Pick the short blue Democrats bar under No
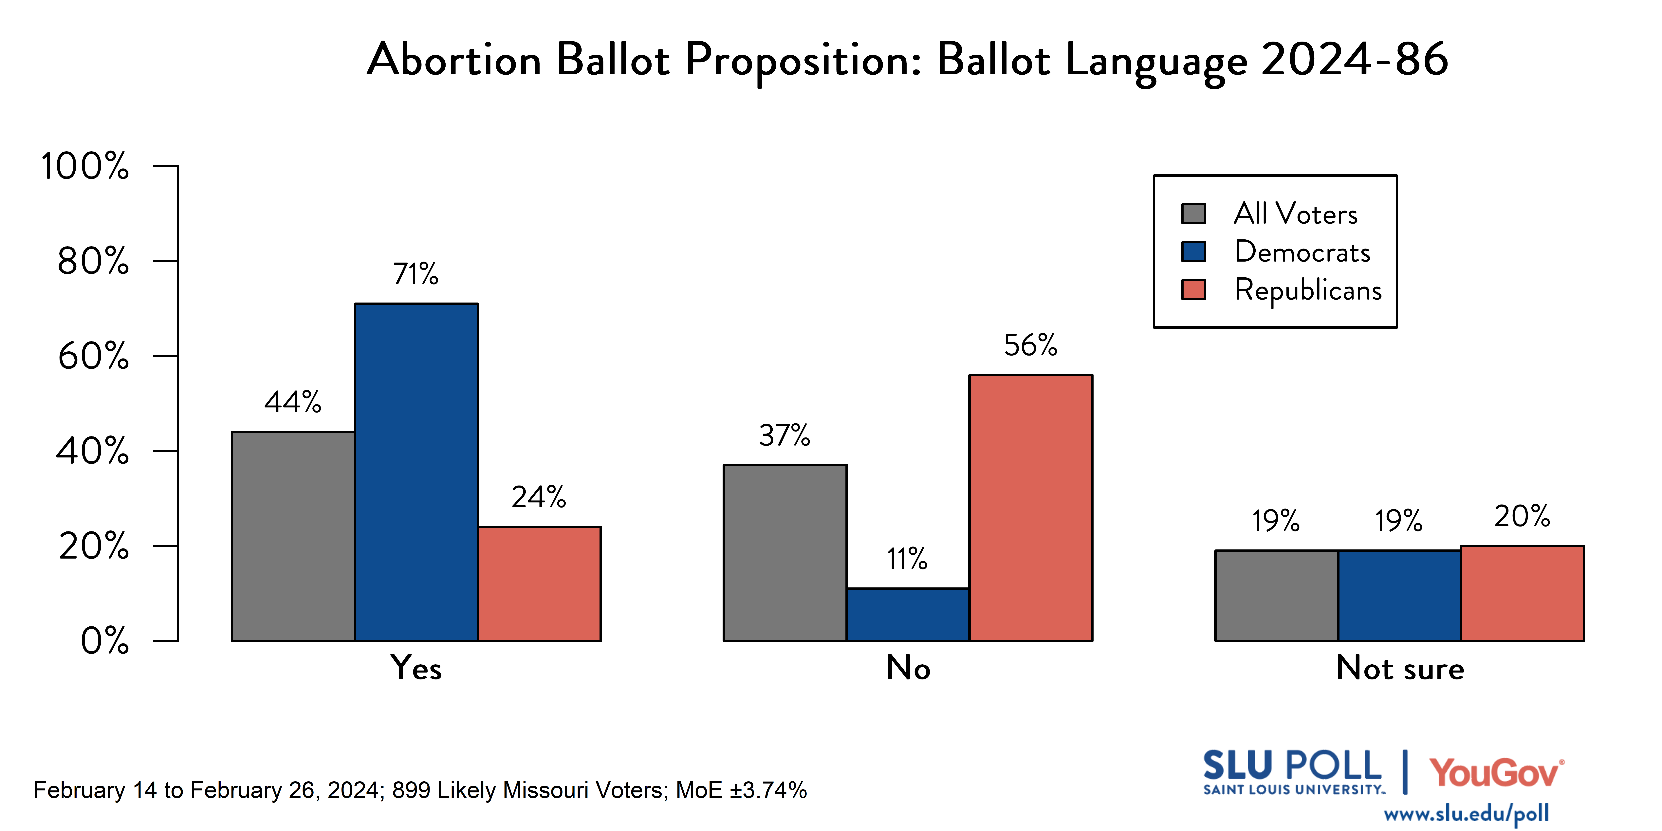click(908, 614)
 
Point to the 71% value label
click(416, 274)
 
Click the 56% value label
click(1030, 346)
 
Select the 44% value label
click(293, 403)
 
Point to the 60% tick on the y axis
click(94, 356)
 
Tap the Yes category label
click(416, 668)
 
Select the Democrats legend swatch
click(1194, 252)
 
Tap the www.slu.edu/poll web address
click(1466, 814)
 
